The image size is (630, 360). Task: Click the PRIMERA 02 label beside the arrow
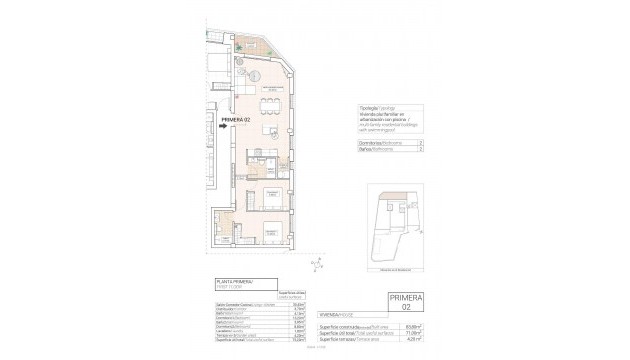point(235,122)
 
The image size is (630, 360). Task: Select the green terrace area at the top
point(246,44)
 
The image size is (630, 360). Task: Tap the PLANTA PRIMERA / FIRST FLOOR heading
point(232,283)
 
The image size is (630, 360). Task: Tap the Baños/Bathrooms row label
point(371,151)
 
